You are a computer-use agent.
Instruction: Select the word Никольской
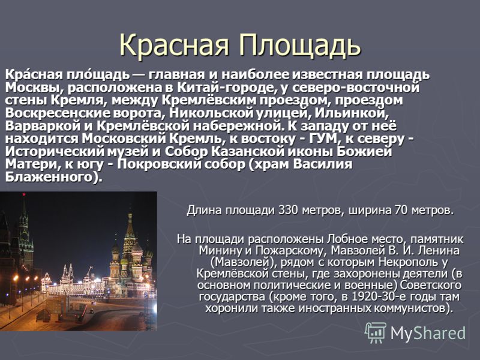(x=211, y=113)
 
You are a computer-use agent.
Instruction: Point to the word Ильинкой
(x=352, y=113)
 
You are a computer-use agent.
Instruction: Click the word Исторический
(x=53, y=152)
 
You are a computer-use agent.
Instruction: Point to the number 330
(x=288, y=211)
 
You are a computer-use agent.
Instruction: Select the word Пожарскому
(x=289, y=250)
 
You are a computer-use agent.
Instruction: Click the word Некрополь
(x=407, y=262)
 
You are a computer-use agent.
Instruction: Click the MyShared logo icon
(x=376, y=332)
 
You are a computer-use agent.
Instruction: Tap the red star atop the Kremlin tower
(x=24, y=194)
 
